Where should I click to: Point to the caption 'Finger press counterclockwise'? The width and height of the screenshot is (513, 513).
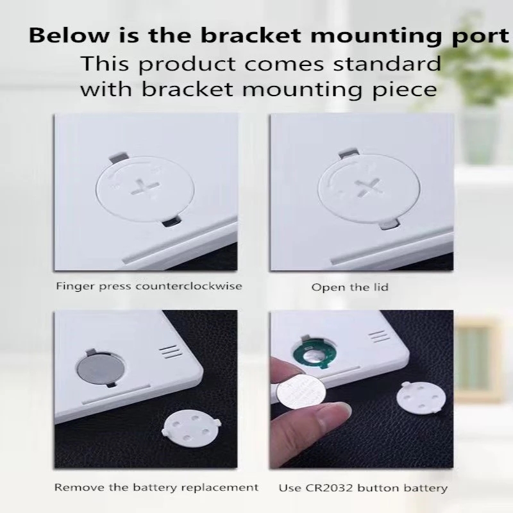click(x=148, y=286)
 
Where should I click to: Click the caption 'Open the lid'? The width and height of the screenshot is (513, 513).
click(x=349, y=287)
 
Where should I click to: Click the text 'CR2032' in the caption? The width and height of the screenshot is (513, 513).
click(x=328, y=488)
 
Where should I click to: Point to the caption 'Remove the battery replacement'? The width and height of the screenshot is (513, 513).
click(x=156, y=488)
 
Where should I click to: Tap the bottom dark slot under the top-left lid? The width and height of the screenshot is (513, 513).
click(x=171, y=222)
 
